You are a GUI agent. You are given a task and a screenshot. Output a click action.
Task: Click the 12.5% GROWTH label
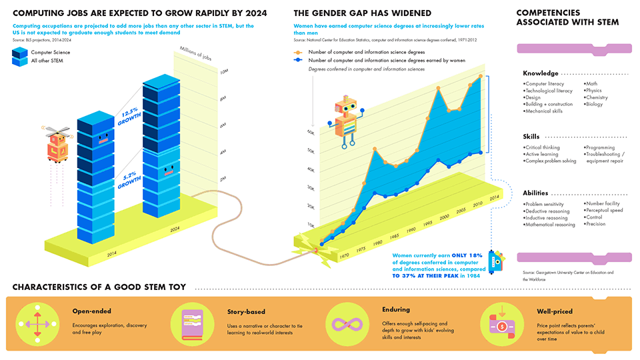coord(129,117)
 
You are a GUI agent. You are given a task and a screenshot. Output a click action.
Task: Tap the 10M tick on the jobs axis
coord(224,71)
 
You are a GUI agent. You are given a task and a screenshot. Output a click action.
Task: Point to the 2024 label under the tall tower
coord(175,229)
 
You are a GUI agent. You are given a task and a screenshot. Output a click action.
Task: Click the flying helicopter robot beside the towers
coord(56,142)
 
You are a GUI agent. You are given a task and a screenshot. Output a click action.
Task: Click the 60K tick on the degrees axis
coord(311,133)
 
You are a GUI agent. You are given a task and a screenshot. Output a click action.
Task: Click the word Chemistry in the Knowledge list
coord(597,98)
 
